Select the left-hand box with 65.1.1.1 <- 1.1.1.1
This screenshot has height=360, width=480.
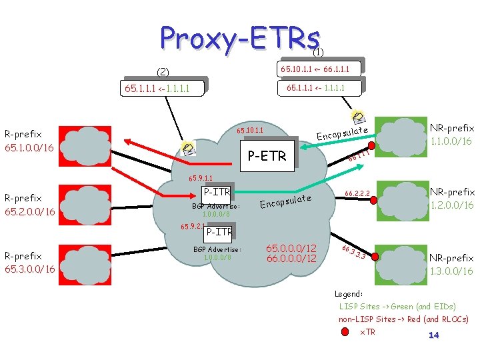163,87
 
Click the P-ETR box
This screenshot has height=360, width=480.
266,157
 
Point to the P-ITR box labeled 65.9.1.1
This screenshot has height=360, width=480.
217,193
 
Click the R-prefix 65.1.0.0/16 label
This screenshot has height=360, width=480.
29,139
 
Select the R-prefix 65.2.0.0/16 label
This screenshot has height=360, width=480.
29,205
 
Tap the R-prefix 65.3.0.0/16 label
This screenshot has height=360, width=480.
29,263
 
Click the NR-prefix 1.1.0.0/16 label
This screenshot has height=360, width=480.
452,135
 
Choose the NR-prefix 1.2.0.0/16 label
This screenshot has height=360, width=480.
452,199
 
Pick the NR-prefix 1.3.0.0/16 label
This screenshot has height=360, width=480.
451,264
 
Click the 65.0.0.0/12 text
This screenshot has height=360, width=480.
291,248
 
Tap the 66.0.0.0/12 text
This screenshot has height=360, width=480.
291,259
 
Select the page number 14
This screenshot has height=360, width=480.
433,335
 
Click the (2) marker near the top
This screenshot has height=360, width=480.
163,72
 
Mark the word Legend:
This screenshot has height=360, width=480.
349,293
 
